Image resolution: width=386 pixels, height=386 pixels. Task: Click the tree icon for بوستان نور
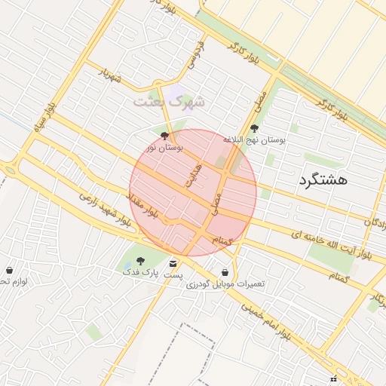165,136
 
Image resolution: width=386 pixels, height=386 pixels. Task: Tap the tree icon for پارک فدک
140,260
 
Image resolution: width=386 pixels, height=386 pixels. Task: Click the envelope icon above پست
174,264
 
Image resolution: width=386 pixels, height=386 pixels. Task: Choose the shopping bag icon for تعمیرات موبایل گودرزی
225,272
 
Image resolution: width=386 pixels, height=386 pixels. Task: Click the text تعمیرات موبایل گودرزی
226,284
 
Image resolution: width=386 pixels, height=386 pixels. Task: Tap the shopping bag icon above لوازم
9,270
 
